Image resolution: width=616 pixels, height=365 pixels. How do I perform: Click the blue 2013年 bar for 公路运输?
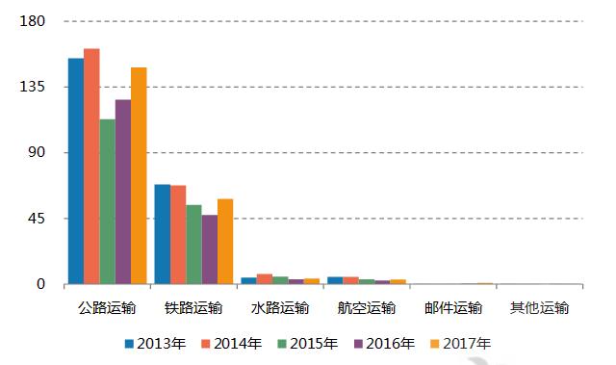[x=75, y=171]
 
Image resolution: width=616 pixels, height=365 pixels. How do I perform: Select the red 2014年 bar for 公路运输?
[x=91, y=167]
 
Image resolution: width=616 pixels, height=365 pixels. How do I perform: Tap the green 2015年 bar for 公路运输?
[x=107, y=201]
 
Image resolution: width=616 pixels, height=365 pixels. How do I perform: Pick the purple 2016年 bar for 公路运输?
[x=122, y=192]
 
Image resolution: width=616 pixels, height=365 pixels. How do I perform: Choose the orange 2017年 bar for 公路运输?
[x=139, y=175]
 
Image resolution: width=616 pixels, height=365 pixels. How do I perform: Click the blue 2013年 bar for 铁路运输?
[x=162, y=234]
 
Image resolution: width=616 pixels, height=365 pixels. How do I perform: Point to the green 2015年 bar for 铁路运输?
[x=193, y=245]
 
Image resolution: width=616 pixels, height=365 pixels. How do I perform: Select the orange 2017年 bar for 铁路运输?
[x=225, y=241]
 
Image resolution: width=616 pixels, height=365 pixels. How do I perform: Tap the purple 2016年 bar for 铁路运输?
[x=209, y=249]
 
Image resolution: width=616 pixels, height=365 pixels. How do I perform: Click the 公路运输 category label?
[x=107, y=308]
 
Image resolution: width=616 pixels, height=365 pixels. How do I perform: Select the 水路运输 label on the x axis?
[x=280, y=308]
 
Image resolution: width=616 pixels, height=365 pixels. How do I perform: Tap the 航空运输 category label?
[x=367, y=308]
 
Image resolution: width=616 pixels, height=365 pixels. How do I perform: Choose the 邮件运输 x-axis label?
[x=453, y=308]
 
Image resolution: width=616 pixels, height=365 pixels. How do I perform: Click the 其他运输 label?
[x=540, y=308]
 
